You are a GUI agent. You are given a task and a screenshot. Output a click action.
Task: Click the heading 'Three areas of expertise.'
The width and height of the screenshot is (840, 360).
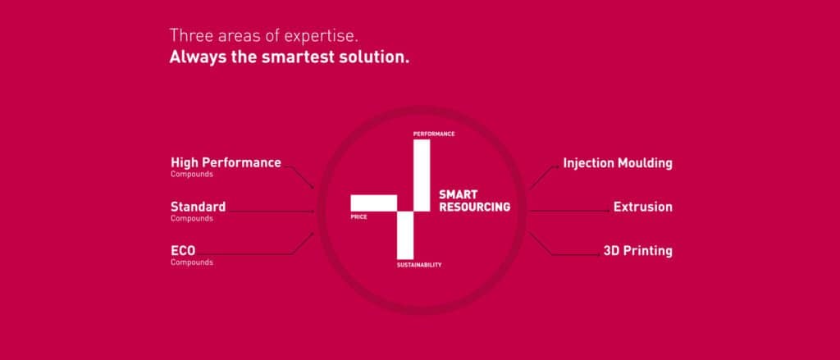(263, 36)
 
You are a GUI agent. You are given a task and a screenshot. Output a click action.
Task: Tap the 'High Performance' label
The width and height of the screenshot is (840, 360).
(226, 163)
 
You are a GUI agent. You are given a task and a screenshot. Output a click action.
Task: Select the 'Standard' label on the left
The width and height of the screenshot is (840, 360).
(199, 207)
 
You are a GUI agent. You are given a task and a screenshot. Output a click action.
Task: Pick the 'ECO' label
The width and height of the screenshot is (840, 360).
(183, 251)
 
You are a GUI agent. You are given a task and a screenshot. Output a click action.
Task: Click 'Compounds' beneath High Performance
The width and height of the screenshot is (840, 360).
(192, 175)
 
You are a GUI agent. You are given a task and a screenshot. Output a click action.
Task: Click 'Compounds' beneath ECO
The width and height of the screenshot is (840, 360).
(192, 262)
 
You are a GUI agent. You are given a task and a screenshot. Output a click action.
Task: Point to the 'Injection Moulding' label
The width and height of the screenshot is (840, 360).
(618, 163)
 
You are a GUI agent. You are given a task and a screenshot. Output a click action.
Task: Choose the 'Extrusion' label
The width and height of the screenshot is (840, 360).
(643, 207)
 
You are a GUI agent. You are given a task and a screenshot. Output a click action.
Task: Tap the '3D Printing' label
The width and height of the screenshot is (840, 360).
(638, 251)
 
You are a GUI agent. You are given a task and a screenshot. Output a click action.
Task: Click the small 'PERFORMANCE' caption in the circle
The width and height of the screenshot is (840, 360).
(434, 134)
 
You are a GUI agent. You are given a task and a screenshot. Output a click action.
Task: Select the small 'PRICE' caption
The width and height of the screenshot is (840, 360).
(359, 217)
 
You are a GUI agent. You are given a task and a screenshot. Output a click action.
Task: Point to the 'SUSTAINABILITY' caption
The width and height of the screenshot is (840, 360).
(419, 265)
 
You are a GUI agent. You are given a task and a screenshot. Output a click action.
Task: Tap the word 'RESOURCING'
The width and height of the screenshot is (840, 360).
(475, 207)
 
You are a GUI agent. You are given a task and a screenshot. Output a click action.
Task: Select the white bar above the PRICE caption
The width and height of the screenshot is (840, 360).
(374, 203)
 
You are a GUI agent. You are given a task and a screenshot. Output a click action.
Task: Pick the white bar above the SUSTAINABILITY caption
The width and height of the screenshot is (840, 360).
(405, 235)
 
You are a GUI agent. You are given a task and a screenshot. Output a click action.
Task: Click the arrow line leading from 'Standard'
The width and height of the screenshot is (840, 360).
(271, 212)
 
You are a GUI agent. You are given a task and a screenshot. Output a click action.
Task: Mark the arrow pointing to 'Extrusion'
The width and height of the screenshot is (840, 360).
(570, 211)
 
